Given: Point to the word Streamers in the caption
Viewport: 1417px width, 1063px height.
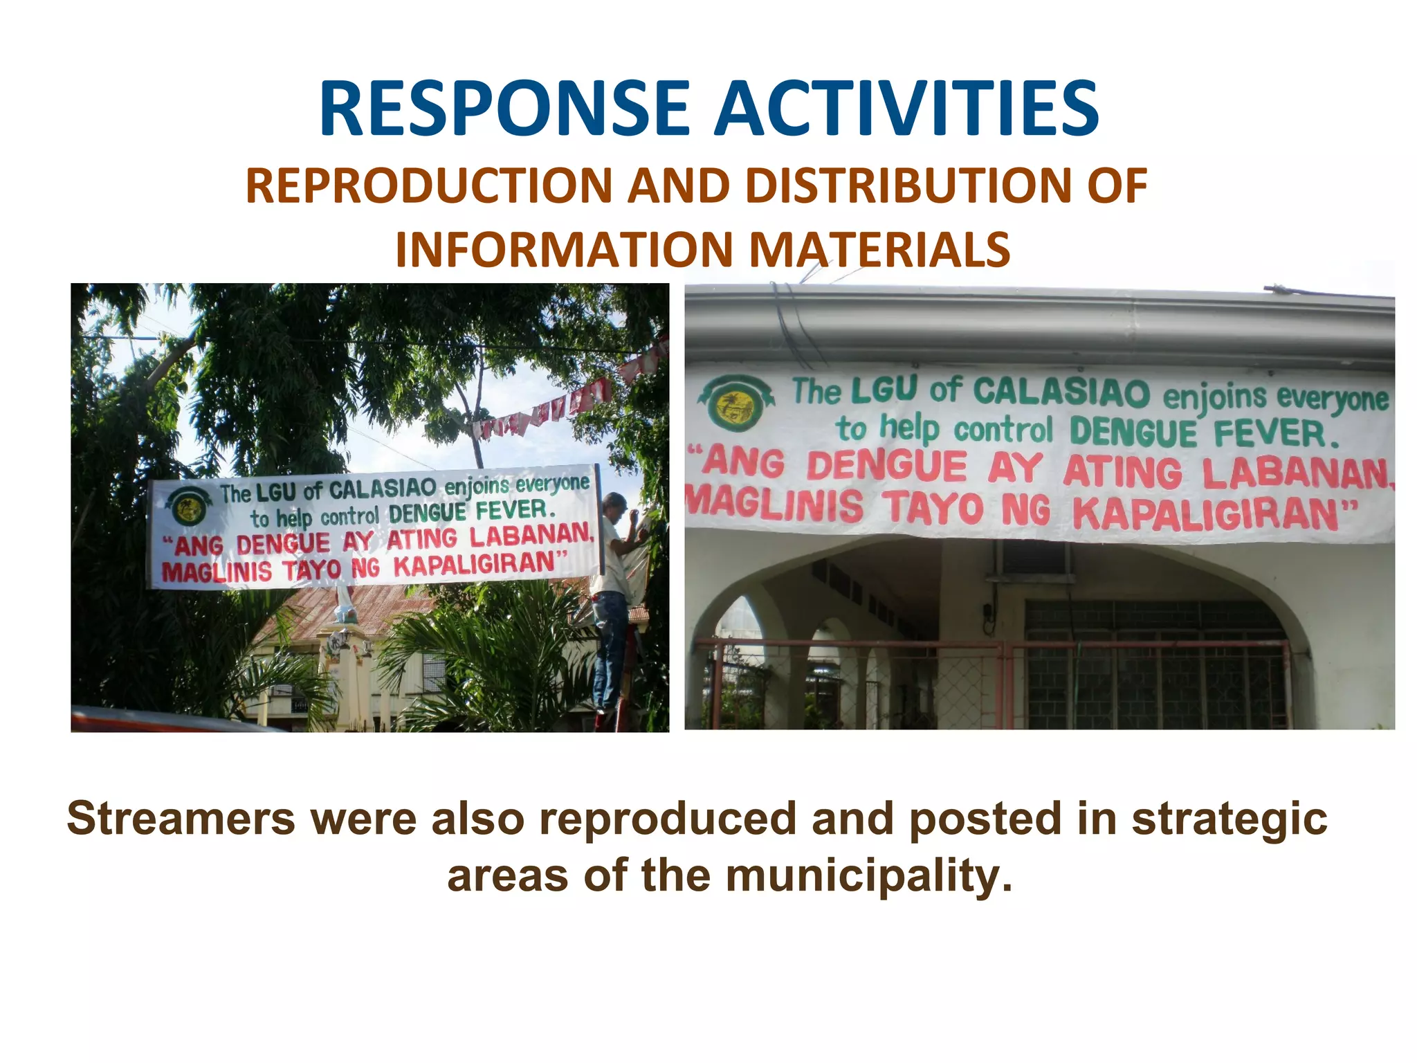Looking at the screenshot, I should point(181,818).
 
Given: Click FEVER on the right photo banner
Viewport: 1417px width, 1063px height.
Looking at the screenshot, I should point(1275,434).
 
